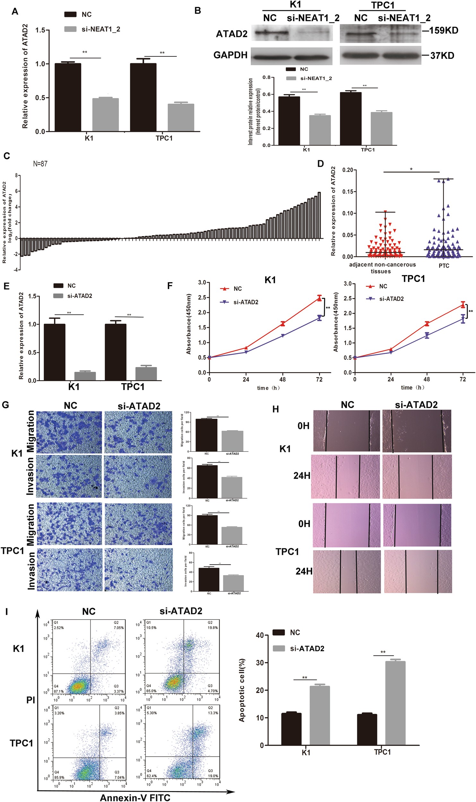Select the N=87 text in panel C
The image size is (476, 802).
click(40, 164)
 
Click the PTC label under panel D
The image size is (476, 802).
click(444, 266)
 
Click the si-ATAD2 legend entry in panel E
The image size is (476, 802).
click(79, 296)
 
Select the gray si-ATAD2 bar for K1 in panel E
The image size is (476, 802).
click(85, 376)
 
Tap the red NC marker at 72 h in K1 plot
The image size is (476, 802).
click(319, 298)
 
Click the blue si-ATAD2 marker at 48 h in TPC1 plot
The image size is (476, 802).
click(427, 336)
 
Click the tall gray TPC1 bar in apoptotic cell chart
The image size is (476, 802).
click(395, 703)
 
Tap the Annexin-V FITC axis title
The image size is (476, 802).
click(135, 795)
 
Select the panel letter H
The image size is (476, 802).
click(275, 409)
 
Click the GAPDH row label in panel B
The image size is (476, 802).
click(230, 55)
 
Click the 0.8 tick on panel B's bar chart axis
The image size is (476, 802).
click(266, 77)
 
